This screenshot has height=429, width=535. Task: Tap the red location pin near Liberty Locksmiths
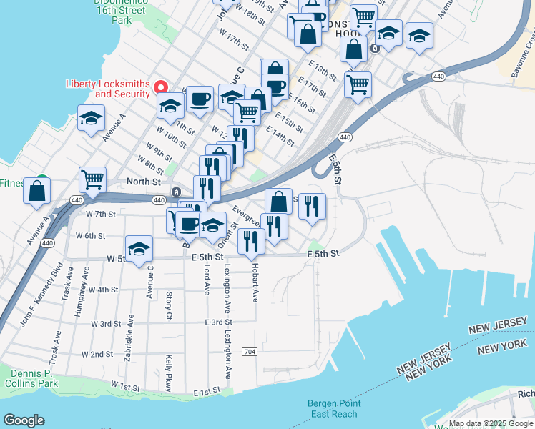(x=161, y=87)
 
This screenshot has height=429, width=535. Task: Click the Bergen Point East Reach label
(x=332, y=408)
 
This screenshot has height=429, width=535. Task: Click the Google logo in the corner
(x=24, y=420)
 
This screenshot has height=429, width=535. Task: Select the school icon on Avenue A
(x=92, y=119)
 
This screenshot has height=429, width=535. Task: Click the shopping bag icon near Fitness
(x=37, y=191)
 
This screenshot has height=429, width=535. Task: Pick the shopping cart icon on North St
(x=93, y=182)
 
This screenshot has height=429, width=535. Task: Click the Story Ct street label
(x=169, y=305)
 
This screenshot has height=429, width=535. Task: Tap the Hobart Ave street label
(x=254, y=285)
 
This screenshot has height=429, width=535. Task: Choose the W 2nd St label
(x=97, y=354)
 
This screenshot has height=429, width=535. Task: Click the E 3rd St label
(x=214, y=322)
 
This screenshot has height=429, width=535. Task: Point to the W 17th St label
(x=233, y=40)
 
